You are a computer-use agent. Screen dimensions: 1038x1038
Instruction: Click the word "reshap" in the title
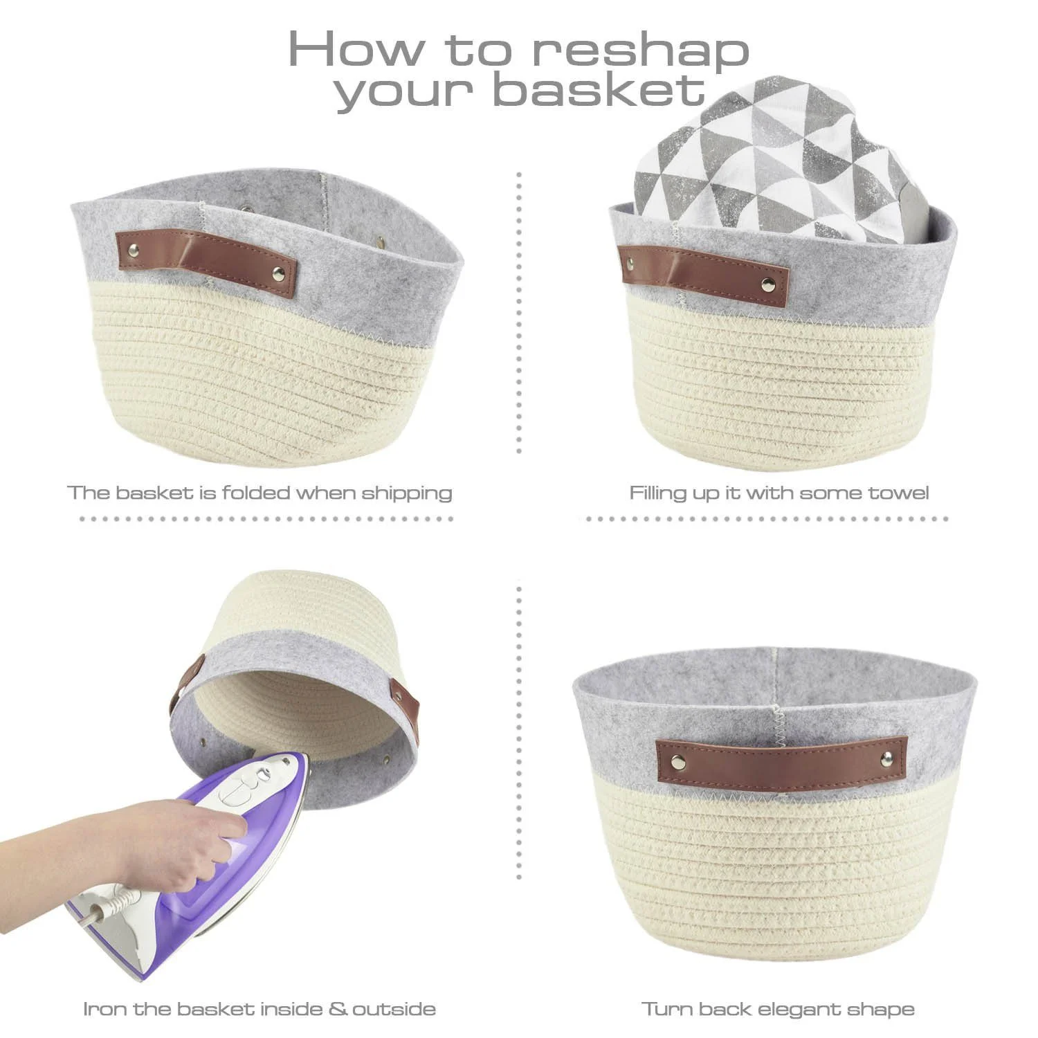tap(640, 50)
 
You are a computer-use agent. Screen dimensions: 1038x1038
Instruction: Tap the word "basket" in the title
tap(601, 90)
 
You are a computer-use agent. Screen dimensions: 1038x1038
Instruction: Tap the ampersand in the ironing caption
tap(338, 1008)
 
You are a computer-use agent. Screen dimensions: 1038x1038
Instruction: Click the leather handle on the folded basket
tap(206, 263)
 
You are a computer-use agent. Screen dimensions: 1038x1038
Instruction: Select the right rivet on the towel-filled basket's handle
tap(767, 284)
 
